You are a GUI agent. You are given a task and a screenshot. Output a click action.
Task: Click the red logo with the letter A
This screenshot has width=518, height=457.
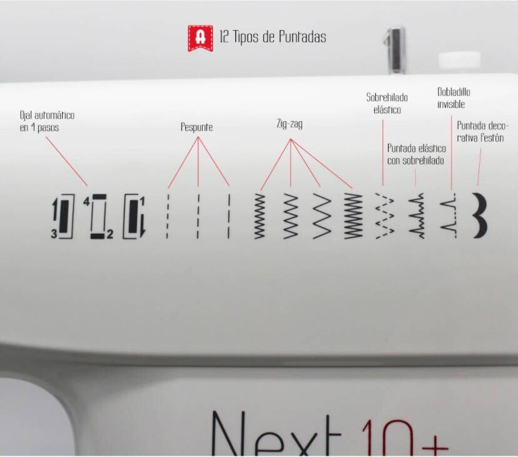click(200, 38)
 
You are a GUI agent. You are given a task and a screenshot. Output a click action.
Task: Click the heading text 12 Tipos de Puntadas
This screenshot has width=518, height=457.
click(273, 37)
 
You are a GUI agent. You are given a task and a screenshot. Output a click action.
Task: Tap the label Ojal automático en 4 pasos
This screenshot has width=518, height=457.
click(47, 121)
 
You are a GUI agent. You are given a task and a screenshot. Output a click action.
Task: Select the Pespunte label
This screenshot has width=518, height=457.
click(196, 127)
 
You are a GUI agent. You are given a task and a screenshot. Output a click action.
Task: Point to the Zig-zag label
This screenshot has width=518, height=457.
click(290, 124)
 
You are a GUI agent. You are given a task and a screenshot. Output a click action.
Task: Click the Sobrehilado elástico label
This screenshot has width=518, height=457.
click(387, 103)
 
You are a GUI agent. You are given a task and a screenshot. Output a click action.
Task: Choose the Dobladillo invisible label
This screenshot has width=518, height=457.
click(454, 98)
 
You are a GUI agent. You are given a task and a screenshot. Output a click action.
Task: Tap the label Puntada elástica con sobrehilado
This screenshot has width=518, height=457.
click(416, 154)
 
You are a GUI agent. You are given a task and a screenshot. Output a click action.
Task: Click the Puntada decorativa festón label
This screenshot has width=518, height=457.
click(482, 131)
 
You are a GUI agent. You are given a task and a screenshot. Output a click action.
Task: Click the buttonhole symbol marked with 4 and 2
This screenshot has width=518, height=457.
click(98, 216)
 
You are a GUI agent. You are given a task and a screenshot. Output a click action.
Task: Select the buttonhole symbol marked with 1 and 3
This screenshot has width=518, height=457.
click(63, 216)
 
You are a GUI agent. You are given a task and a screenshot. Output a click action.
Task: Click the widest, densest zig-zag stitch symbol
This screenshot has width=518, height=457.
click(353, 216)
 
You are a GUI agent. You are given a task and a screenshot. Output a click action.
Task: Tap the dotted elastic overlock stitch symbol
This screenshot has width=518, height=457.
click(385, 216)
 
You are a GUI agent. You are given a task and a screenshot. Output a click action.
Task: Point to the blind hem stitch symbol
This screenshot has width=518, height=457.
click(449, 216)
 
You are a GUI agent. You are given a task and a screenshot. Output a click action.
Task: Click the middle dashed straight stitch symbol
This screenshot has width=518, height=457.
click(198, 216)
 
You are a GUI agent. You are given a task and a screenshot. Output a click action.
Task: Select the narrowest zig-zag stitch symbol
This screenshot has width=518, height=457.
click(260, 216)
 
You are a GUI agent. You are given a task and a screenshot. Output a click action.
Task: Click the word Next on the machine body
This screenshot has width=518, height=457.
click(276, 433)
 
